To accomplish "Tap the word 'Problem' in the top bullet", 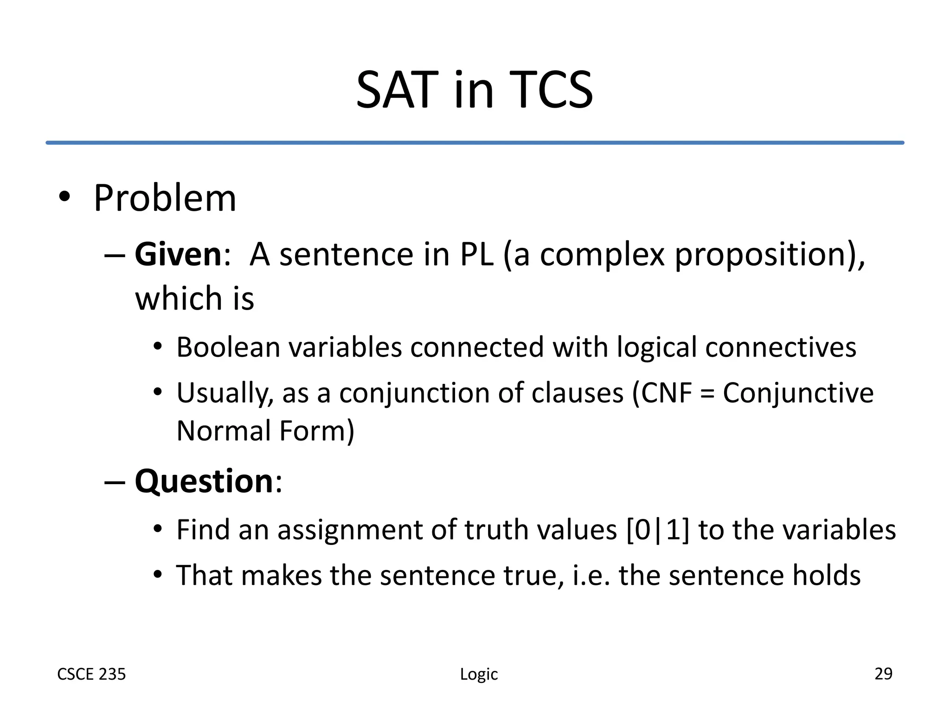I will pos(165,198).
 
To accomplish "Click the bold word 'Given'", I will pos(178,255).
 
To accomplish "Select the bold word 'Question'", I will pos(204,481).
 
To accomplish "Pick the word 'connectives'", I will pos(780,347).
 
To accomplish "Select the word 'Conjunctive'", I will pos(798,393).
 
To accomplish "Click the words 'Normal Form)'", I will pos(265,431).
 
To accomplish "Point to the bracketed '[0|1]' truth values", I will pos(657,530).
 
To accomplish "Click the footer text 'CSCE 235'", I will pos(91,674).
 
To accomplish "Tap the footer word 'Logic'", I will pos(479,674).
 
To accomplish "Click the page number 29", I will pos(883,674).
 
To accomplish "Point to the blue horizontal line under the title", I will pos(475,143).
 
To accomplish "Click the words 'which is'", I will pos(194,298).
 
